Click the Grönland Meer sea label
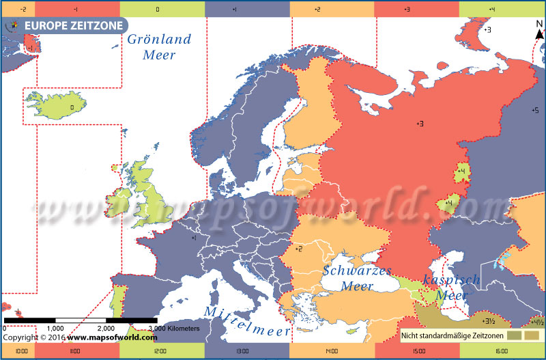[x=159, y=47]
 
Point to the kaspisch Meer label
[x=451, y=288]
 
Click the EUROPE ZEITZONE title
[x=74, y=26]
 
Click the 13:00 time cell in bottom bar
[x=242, y=352]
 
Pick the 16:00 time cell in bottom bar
[x=502, y=352]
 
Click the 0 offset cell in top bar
[x=158, y=9]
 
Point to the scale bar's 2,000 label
[x=106, y=329]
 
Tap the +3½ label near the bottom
[x=488, y=320]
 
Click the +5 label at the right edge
[x=534, y=110]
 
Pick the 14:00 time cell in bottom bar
[x=332, y=352]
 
